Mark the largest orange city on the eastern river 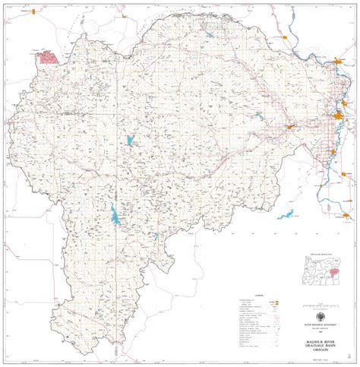click(x=338, y=117)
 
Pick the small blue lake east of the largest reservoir click(x=156, y=236)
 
